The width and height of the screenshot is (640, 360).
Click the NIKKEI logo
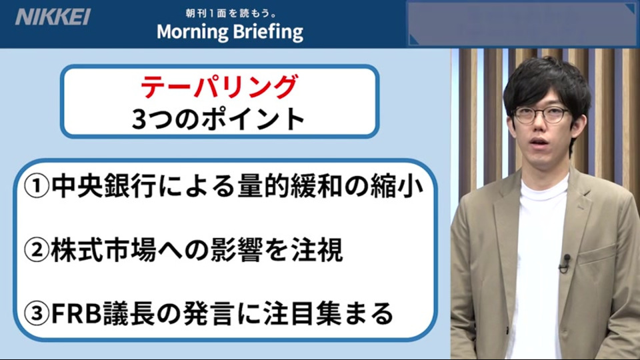(53, 17)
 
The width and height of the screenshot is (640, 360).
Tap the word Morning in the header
(192, 32)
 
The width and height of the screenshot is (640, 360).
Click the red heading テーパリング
(219, 87)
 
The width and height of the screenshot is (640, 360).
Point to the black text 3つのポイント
(219, 119)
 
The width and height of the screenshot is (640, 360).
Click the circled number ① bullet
(36, 186)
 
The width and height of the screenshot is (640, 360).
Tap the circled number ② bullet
(36, 250)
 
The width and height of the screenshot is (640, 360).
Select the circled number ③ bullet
(36, 313)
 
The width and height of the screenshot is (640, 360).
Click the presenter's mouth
(539, 143)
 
